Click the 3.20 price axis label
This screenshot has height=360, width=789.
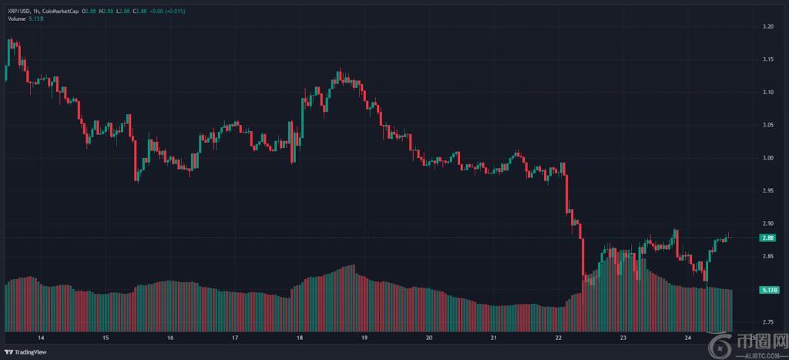(x=767, y=27)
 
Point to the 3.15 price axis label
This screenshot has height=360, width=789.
(x=767, y=59)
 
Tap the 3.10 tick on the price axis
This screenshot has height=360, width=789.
(x=767, y=93)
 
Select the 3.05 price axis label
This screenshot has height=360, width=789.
(x=767, y=125)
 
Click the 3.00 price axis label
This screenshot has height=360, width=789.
(x=767, y=158)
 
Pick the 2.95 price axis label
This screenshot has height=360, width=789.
(x=767, y=190)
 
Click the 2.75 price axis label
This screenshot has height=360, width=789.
(x=767, y=321)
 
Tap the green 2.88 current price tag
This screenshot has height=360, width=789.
(x=767, y=239)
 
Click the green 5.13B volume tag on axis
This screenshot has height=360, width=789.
(x=768, y=290)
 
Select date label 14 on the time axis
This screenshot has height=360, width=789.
(x=41, y=338)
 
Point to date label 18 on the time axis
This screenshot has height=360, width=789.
(x=300, y=338)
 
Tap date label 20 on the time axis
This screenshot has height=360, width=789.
(x=429, y=338)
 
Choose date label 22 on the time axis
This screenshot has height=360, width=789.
(x=559, y=338)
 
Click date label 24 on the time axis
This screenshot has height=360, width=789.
(x=688, y=338)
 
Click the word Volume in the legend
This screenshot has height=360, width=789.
(x=15, y=19)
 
